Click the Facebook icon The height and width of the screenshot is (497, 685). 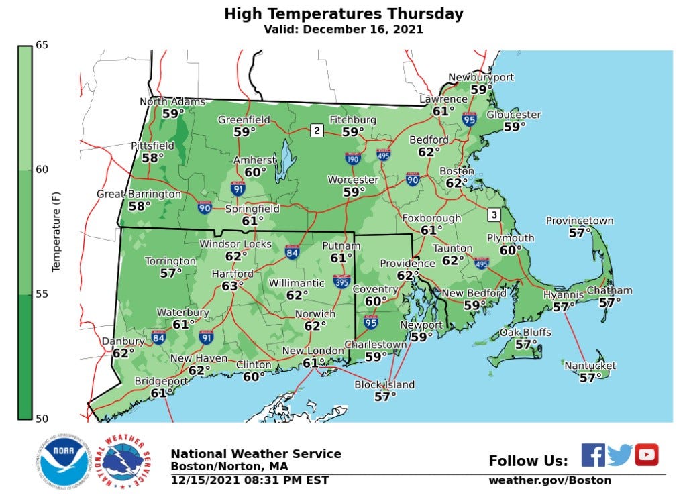pos(592,455)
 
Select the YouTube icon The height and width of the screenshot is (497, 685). pos(646,455)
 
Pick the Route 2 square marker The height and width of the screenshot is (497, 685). pos(316,131)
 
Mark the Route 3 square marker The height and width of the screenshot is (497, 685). pos(494,215)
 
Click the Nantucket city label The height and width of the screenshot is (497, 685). pos(590,366)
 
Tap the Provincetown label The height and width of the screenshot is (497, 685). pos(579,221)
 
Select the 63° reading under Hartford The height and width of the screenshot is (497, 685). pos(233,286)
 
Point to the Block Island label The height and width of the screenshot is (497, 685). pos(384,385)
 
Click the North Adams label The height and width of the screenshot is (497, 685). pos(172,102)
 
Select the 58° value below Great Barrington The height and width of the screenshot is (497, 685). pos(140,206)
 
